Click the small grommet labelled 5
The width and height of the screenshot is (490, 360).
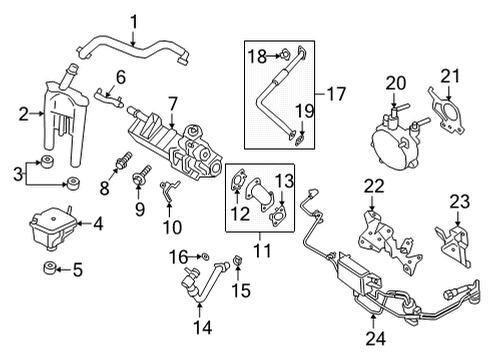point(48,269)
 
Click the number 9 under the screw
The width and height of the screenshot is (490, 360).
point(139,209)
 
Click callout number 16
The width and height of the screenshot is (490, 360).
point(176,257)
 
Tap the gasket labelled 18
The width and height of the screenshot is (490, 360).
point(283,57)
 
